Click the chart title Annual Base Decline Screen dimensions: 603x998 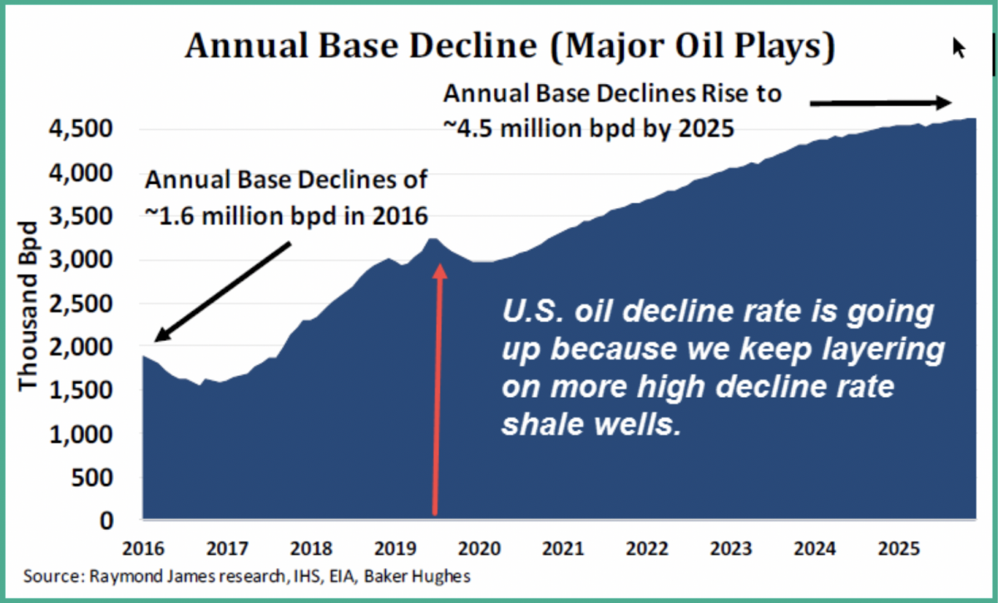[x=509, y=47]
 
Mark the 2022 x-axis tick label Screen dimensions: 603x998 [x=647, y=550]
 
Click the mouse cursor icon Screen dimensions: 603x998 [x=958, y=48]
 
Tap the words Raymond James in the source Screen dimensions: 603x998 [x=135, y=576]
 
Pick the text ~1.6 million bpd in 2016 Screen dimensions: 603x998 [x=286, y=215]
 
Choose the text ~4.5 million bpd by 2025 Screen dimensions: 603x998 [x=590, y=129]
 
